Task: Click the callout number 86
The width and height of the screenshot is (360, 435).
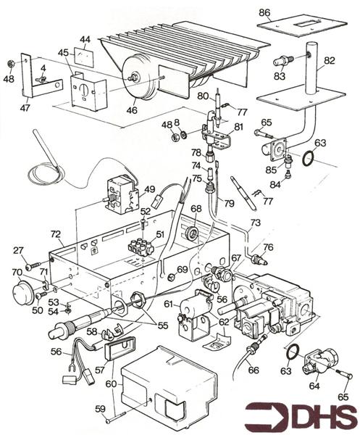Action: pyautogui.click(x=264, y=13)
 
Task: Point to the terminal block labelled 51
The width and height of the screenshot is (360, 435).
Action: pyautogui.click(x=141, y=246)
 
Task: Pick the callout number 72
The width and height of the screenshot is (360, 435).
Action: pyautogui.click(x=56, y=234)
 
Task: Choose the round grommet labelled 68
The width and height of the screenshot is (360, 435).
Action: pyautogui.click(x=193, y=233)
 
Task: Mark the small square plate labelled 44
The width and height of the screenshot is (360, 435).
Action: pyautogui.click(x=84, y=58)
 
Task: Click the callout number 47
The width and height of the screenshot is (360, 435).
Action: pyautogui.click(x=25, y=107)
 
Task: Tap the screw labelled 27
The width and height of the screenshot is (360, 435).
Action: pyautogui.click(x=33, y=266)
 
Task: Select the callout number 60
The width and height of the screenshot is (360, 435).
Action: pyautogui.click(x=111, y=384)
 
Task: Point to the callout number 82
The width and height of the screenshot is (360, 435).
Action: pyautogui.click(x=330, y=61)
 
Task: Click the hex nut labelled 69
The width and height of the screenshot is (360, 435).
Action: pyautogui.click(x=171, y=276)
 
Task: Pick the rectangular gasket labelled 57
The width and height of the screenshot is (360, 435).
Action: pyautogui.click(x=120, y=348)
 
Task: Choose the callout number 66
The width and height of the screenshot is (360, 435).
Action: pyautogui.click(x=254, y=370)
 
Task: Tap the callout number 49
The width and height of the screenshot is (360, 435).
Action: pyautogui.click(x=150, y=190)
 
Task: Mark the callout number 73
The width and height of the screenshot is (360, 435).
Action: pyautogui.click(x=256, y=223)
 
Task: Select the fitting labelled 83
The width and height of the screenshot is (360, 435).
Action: pyautogui.click(x=282, y=61)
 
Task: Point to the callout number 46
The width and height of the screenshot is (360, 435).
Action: pyautogui.click(x=132, y=110)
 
